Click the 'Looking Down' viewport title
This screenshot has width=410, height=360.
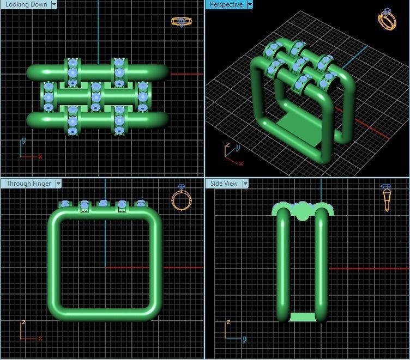[26, 4]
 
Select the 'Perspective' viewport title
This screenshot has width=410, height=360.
[226, 4]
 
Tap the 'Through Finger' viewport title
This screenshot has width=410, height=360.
[28, 184]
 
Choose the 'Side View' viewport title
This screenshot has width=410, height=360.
[224, 184]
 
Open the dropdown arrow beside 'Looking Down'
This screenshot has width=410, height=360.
[54, 4]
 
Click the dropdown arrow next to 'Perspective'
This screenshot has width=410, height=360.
[250, 4]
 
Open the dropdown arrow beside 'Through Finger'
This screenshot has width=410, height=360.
[58, 184]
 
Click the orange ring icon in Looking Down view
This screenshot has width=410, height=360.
[182, 22]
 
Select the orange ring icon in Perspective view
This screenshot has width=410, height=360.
[387, 19]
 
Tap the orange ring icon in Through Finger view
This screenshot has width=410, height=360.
[182, 199]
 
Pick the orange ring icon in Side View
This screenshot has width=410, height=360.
[387, 197]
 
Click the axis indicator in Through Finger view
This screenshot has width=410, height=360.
[29, 331]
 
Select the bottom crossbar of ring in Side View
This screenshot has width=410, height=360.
[302, 317]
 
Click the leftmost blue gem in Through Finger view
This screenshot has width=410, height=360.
[65, 204]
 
